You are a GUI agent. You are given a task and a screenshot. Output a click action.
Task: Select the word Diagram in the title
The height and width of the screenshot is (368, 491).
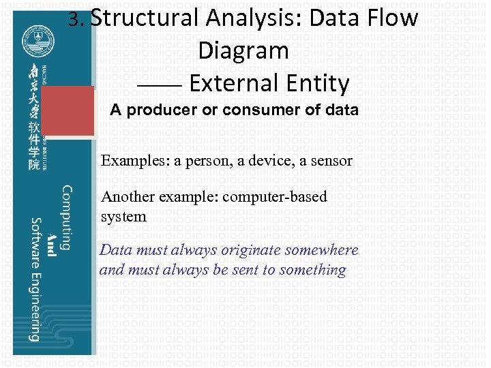[243, 50]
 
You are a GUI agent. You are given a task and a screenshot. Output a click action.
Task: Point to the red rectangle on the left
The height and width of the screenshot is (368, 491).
[68, 111]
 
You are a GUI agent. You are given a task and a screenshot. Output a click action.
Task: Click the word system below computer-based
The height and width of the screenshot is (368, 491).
[123, 217]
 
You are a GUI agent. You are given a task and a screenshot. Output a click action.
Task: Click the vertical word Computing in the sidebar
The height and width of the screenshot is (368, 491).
[67, 217]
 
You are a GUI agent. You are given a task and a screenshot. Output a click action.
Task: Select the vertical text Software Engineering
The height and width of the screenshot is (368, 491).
[35, 279]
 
